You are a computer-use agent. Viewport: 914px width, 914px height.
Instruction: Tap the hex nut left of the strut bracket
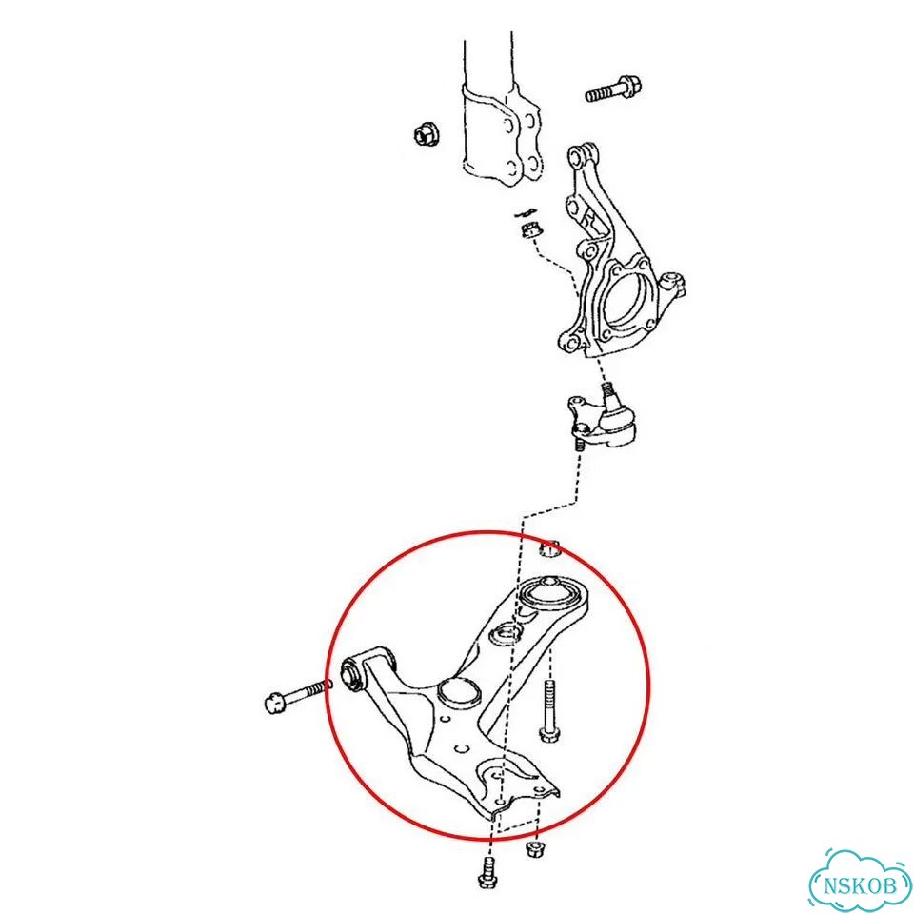pos(427,135)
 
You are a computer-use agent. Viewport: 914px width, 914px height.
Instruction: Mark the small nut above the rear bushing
pos(549,548)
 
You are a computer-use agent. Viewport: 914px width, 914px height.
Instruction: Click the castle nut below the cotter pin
pos(529,228)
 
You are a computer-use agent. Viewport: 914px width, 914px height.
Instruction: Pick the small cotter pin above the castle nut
pos(527,212)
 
